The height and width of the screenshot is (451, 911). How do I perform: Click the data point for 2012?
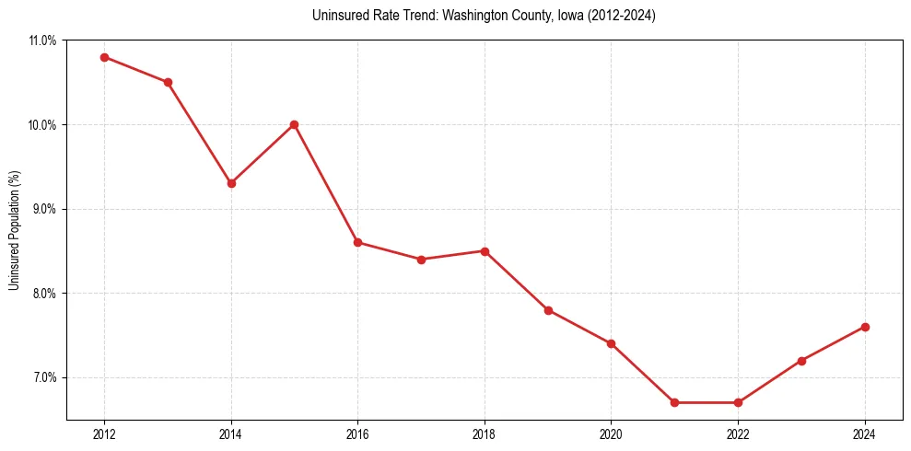pyautogui.click(x=104, y=57)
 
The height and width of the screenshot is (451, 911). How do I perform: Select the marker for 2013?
pyautogui.click(x=168, y=82)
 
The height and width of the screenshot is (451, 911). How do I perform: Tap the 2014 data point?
pyautogui.click(x=231, y=183)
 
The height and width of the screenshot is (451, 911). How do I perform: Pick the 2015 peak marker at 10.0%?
pyautogui.click(x=294, y=124)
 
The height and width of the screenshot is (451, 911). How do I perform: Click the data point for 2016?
pyautogui.click(x=357, y=242)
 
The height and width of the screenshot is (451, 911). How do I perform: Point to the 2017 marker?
pyautogui.click(x=421, y=260)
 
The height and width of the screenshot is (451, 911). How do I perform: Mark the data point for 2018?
pyautogui.click(x=485, y=251)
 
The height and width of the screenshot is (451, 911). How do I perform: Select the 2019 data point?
pyautogui.click(x=548, y=310)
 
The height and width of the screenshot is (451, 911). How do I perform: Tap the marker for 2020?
pyautogui.click(x=611, y=343)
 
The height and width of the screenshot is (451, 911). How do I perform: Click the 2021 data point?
pyautogui.click(x=674, y=402)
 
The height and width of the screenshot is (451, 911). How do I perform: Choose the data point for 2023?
pyautogui.click(x=801, y=361)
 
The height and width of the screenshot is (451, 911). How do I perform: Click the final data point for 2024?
pyautogui.click(x=865, y=327)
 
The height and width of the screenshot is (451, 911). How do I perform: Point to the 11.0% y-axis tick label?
pyautogui.click(x=43, y=40)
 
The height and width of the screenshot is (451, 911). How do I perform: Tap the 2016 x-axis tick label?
pyautogui.click(x=357, y=435)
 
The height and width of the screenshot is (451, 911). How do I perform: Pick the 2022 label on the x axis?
pyautogui.click(x=738, y=435)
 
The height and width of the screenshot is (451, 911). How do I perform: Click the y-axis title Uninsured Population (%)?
pyautogui.click(x=15, y=230)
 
